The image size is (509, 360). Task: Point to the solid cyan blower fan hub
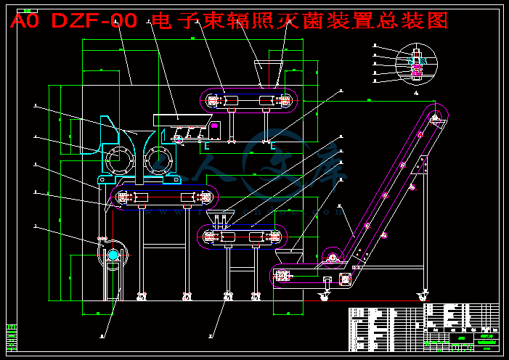click(113, 255)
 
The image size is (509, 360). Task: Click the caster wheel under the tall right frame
click(422, 295)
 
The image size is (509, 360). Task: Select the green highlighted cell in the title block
click(460, 337)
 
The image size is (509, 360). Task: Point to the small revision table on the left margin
click(10, 337)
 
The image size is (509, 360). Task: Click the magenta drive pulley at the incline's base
click(333, 256)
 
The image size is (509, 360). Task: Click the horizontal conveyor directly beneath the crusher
click(164, 197)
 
